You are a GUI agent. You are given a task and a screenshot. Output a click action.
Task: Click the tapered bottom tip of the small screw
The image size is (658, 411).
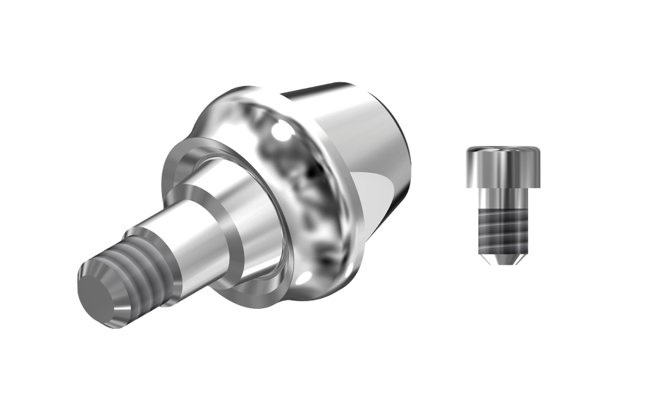point(503,258)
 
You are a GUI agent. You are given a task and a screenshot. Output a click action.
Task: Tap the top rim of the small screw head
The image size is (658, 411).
point(503,148)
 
